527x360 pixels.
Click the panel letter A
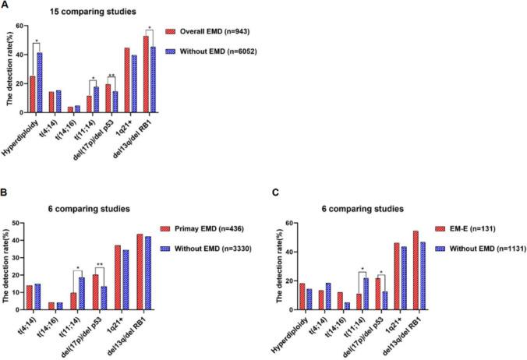pyautogui.click(x=6, y=6)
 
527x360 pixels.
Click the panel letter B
pyautogui.click(x=6, y=194)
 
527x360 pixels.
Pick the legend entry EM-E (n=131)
pyautogui.click(x=474, y=231)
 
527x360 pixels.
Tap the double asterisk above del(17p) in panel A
pyautogui.click(x=112, y=76)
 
